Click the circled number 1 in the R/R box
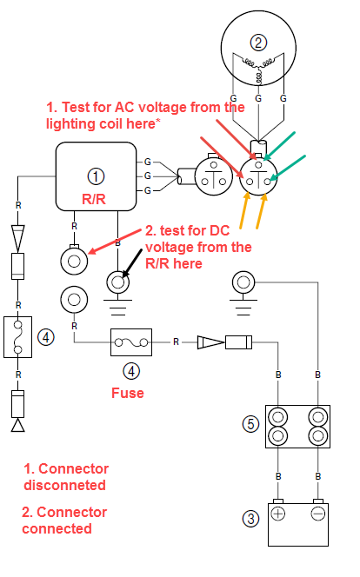[96, 176]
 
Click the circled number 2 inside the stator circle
[258, 43]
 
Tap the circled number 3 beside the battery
[250, 519]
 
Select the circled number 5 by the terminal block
[250, 423]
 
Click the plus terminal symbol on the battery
[278, 514]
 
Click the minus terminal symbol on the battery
[318, 514]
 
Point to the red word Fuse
[127, 393]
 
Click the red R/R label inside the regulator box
[94, 199]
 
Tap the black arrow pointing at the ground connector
[132, 263]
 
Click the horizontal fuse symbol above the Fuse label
[131, 342]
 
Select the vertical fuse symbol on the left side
[17, 336]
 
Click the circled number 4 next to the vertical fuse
[46, 336]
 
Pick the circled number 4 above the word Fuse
[131, 370]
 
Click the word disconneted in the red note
[65, 485]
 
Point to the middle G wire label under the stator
[258, 98]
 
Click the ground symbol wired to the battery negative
[243, 294]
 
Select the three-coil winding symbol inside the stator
[259, 68]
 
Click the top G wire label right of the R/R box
[148, 162]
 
